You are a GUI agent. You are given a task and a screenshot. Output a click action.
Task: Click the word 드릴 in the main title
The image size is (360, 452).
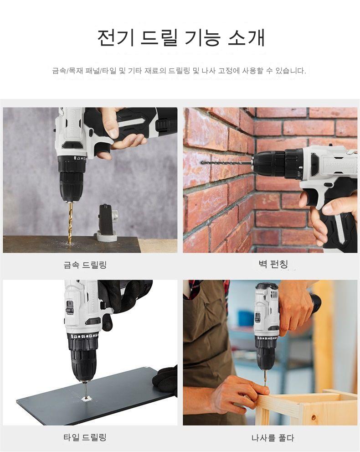coord(159,37)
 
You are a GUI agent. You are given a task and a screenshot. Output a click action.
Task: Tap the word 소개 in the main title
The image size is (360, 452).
coord(246,37)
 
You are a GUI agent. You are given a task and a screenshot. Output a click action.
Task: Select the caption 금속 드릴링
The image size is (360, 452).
coord(85,265)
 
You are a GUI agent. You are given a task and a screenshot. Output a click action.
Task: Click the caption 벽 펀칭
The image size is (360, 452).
coord(273,264)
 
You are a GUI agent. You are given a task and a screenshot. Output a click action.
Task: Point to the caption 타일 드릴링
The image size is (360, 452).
coord(85,437)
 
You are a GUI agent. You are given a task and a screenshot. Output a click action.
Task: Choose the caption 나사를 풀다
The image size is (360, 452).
coord(273,438)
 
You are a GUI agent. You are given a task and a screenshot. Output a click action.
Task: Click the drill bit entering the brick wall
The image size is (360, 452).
coord(226,163)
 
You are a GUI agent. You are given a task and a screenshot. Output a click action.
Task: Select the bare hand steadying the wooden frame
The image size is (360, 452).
coord(239,394)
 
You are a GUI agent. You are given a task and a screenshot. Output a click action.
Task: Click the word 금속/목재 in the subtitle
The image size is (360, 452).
coord(67,71)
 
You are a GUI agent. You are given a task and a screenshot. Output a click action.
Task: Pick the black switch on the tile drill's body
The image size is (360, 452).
coord(70,307)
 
